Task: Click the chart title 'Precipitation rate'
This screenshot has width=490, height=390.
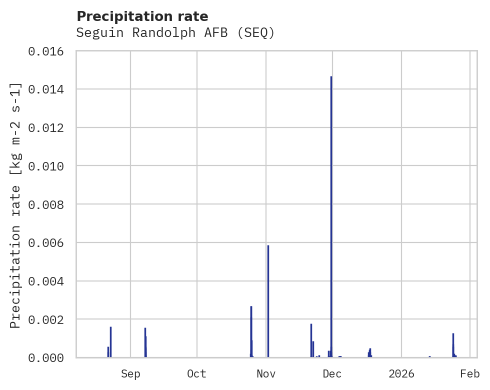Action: [142, 16]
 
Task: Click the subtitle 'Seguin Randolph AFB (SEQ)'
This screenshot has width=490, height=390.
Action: [175, 33]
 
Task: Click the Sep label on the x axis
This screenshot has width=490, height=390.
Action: [130, 373]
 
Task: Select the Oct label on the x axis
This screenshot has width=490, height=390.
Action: [197, 373]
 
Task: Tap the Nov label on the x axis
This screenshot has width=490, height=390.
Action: [266, 373]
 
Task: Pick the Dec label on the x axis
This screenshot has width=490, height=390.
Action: [332, 373]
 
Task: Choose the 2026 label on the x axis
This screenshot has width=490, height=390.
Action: [401, 373]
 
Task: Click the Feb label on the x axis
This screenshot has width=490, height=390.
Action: [470, 373]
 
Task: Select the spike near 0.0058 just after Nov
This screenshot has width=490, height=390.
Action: [268, 300]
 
